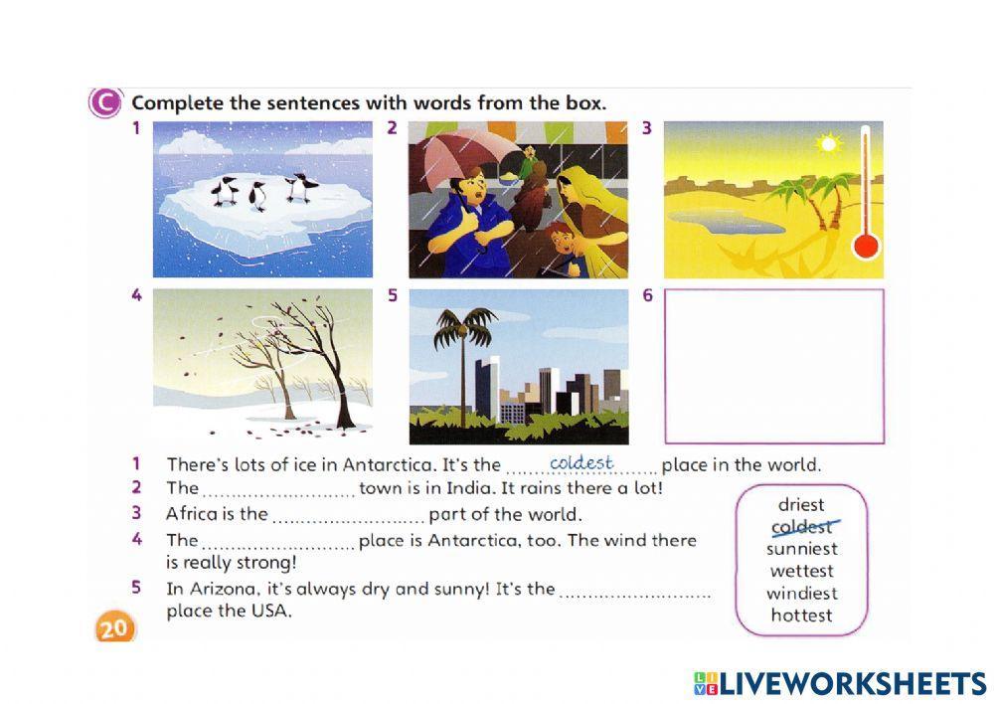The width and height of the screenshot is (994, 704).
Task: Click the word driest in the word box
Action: [801, 505]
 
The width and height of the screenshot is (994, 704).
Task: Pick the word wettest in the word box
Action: [801, 571]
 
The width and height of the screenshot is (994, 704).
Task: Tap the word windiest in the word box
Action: [802, 594]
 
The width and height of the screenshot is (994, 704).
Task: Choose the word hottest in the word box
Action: [801, 616]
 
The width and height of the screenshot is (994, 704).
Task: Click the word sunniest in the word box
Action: [802, 549]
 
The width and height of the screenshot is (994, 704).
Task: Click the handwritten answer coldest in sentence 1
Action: [581, 463]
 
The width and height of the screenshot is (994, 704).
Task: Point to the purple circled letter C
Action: [104, 102]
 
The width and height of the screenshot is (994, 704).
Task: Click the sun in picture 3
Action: [828, 143]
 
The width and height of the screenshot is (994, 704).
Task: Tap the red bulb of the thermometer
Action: [866, 246]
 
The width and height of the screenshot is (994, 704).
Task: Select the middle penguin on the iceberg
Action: [256, 196]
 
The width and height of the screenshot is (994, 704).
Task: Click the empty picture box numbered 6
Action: [774, 366]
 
